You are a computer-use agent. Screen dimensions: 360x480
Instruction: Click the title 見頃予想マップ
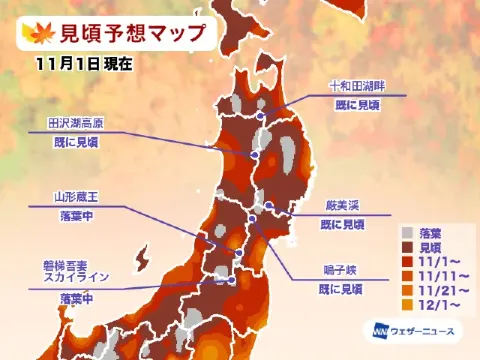pos(131,34)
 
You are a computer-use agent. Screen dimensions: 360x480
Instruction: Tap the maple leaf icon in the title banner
pos(35,34)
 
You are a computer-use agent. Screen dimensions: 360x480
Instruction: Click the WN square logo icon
pos(381,331)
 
